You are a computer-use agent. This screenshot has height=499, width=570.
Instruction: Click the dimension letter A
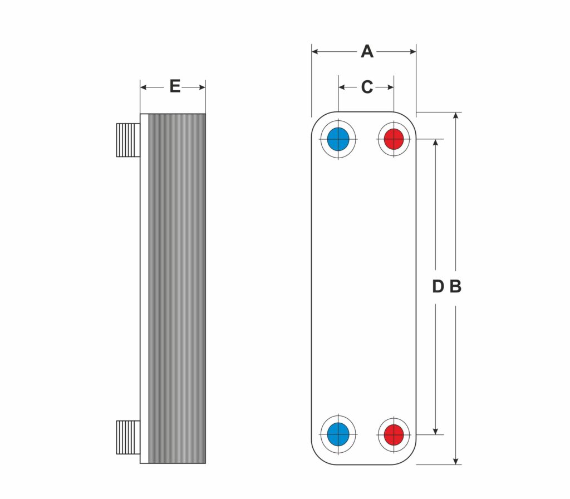(367, 52)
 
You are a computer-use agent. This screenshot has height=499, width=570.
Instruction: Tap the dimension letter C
(367, 87)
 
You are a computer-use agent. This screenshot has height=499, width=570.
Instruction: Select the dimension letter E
(175, 86)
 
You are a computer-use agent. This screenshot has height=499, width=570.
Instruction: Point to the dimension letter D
(438, 286)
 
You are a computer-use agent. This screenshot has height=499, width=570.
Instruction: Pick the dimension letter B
(455, 286)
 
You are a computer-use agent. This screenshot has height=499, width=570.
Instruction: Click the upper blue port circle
(338, 139)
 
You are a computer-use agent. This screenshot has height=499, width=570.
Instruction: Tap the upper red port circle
(394, 139)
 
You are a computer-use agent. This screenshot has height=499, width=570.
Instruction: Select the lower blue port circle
(338, 434)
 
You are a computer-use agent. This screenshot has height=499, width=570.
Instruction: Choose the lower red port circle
(394, 434)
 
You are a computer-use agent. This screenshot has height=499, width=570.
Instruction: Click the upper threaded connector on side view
(128, 140)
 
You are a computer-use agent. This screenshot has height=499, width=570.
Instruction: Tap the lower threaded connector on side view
(128, 438)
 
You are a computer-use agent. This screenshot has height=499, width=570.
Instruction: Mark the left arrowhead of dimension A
(315, 52)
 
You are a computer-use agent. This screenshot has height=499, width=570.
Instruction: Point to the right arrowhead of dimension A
(412, 52)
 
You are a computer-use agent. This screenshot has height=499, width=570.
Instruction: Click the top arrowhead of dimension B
(455, 116)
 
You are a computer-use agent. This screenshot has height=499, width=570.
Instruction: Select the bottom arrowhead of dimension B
(455, 461)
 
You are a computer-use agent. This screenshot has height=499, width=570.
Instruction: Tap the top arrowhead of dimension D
(435, 143)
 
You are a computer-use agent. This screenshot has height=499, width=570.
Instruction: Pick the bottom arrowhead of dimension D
(435, 431)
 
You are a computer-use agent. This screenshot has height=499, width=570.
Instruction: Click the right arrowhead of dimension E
(202, 87)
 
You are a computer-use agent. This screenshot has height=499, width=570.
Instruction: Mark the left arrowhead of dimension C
(342, 87)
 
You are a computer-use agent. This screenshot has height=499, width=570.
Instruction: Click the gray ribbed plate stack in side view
(177, 288)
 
